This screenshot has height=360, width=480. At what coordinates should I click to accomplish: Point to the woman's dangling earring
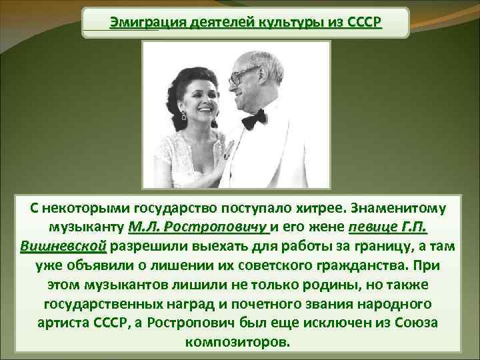coord(184,115)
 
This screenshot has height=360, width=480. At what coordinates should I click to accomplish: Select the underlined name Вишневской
coord(63,246)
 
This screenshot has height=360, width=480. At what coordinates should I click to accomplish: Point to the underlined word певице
coord(373,227)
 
